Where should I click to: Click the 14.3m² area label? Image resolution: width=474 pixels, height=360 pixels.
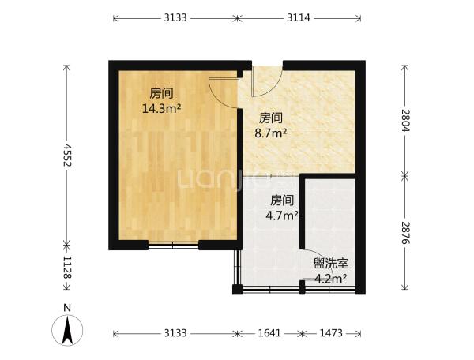[x=162, y=108]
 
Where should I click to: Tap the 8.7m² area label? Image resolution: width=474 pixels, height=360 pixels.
[x=270, y=133]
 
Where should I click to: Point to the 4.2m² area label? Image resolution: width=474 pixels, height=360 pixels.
[x=331, y=279]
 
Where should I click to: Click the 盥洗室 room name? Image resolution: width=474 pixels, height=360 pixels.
[x=331, y=264]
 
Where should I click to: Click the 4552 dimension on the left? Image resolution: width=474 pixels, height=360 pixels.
[x=67, y=155]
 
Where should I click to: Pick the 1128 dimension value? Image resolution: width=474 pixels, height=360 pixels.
[x=67, y=268]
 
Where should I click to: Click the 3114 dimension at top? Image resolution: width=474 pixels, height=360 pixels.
[x=299, y=18]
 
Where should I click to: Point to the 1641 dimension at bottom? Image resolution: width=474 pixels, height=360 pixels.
[x=269, y=333]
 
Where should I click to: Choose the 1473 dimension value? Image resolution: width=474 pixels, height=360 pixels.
[x=331, y=333]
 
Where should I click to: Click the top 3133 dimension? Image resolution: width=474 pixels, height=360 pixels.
[x=175, y=18]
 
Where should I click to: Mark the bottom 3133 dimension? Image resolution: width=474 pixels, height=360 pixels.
[x=175, y=333]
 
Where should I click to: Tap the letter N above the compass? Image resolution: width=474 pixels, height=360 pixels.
[x=67, y=308]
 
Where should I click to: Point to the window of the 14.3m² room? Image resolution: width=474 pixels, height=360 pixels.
[x=173, y=245]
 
